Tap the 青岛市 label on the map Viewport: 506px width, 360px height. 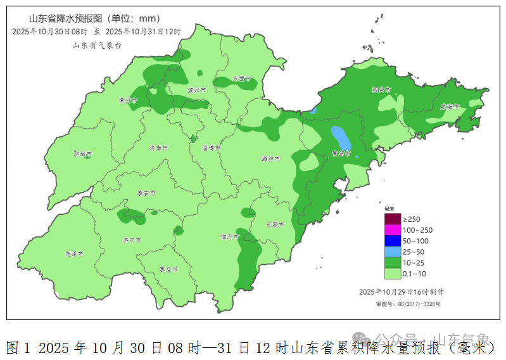point(341,153)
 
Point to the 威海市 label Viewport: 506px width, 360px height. point(450,107)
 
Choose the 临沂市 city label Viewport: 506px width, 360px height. point(229,237)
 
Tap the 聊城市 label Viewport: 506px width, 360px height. point(82,154)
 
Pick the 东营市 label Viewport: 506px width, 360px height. point(241,79)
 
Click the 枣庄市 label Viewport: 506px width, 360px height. point(168,269)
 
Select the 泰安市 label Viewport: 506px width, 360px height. point(146,193)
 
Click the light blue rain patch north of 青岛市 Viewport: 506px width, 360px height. point(340,136)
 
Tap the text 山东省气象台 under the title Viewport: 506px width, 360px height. point(96,45)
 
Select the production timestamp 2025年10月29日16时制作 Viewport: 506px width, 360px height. point(402,292)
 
